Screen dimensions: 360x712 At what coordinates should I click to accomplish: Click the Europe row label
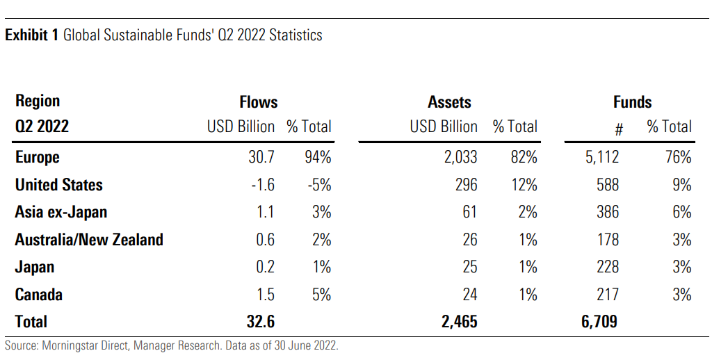pyautogui.click(x=38, y=157)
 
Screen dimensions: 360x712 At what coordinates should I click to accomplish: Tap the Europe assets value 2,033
pyautogui.click(x=461, y=157)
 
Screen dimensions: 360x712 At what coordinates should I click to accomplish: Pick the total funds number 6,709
pyautogui.click(x=597, y=322)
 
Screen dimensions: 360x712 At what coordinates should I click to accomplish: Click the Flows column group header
pyautogui.click(x=259, y=102)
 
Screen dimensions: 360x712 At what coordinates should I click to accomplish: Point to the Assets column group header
pyautogui.click(x=450, y=102)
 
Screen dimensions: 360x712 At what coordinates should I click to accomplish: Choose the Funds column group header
pyautogui.click(x=633, y=102)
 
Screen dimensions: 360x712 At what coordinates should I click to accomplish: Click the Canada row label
pyautogui.click(x=39, y=295)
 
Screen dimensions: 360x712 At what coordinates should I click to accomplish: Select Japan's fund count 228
pyautogui.click(x=607, y=267)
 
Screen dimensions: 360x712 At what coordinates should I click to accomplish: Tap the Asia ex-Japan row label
pyautogui.click(x=61, y=212)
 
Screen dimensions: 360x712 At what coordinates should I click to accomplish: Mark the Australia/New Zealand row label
pyautogui.click(x=89, y=240)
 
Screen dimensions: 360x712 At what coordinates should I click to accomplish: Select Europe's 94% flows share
pyautogui.click(x=316, y=157)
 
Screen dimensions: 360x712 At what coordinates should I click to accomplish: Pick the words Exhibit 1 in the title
pyautogui.click(x=31, y=35)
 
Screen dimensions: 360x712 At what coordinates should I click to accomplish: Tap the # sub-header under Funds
pyautogui.click(x=619, y=129)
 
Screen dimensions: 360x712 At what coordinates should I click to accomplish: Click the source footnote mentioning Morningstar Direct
pyautogui.click(x=171, y=345)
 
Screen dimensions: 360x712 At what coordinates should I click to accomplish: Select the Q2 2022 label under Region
pyautogui.click(x=42, y=127)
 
